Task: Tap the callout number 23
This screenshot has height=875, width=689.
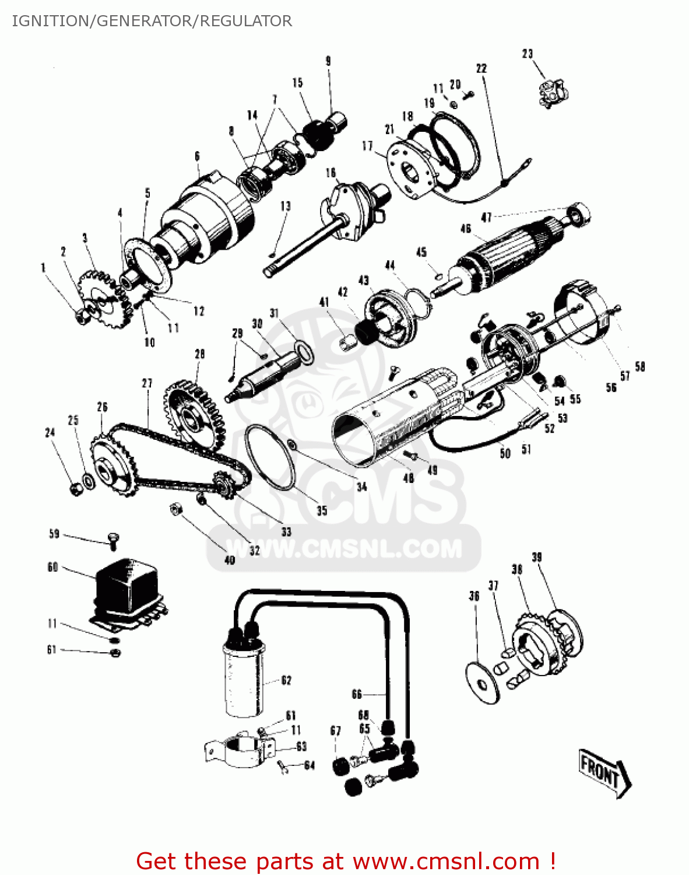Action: [527, 54]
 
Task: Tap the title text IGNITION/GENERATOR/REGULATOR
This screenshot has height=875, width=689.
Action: [152, 21]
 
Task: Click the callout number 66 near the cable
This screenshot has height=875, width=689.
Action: [357, 694]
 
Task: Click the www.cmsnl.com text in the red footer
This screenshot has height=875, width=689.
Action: [446, 861]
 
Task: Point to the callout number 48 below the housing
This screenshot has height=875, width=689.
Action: [409, 478]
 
